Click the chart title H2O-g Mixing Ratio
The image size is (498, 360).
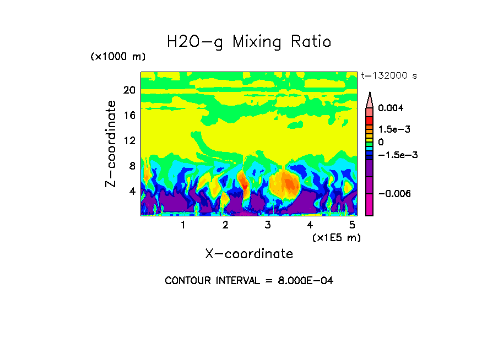coord(249,42)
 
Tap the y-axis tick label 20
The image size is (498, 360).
coord(129,90)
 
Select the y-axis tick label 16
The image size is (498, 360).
coord(129,116)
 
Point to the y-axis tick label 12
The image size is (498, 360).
coord(129,141)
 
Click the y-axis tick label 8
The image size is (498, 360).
coord(132,166)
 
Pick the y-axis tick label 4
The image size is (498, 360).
coord(132,192)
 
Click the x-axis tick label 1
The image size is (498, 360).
coord(183,225)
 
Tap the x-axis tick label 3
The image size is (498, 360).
coord(268,225)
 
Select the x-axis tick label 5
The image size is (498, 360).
coord(352,225)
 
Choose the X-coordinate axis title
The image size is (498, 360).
coord(249,254)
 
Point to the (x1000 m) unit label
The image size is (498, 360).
coord(117,57)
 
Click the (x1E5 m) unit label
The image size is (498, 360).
coord(336,237)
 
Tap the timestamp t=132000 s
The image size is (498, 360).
coord(388,75)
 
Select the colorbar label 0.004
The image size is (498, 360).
coord(391,108)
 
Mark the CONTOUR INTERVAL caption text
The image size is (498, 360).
coord(249,281)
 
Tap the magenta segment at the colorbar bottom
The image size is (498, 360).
coord(370,206)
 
